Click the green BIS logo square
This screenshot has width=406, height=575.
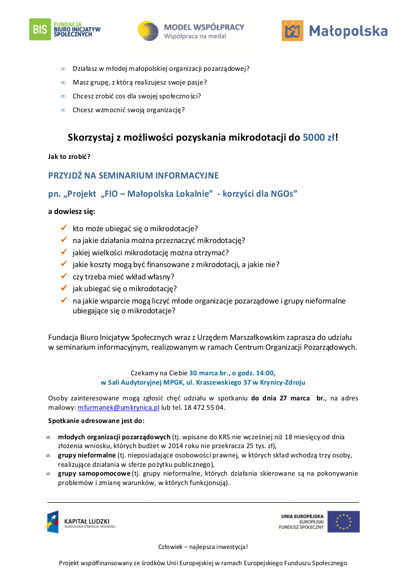coord(39,29)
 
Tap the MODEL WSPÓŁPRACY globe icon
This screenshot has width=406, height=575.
coord(148,30)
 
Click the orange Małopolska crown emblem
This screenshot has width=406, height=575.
coord(292,30)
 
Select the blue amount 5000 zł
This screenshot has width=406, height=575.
coord(319,137)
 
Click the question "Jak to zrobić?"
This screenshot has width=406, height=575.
coord(69,156)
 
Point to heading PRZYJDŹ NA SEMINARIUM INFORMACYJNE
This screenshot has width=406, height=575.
coord(133,176)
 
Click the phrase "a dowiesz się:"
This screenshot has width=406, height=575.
coord(71,212)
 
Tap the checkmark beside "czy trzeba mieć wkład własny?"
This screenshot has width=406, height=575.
coord(63,276)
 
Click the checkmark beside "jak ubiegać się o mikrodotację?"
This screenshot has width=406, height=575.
coord(63,288)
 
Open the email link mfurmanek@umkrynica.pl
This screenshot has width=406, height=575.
coord(118,408)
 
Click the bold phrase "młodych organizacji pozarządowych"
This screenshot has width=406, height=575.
coord(114,437)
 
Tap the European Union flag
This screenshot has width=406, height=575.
coord(343,521)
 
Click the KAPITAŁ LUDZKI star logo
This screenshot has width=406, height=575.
coord(53,522)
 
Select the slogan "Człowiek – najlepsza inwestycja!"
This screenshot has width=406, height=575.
coord(203,547)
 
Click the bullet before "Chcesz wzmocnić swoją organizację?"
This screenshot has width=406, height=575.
coord(63,110)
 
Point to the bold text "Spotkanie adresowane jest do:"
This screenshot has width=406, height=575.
coord(96,421)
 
